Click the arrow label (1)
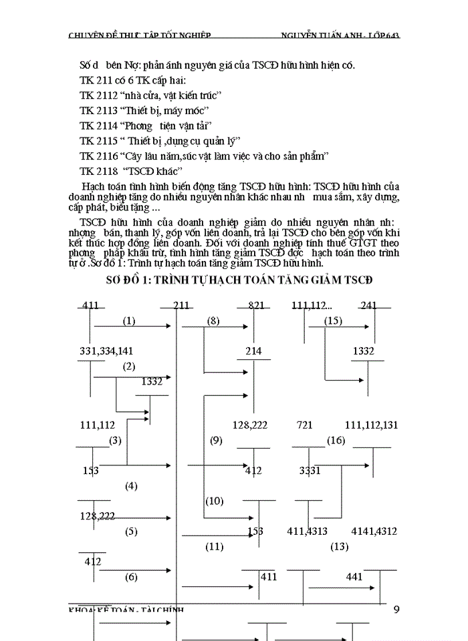(x=129, y=321)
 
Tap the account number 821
(x=256, y=306)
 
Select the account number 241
(x=368, y=306)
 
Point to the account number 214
(x=253, y=351)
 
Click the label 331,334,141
(x=107, y=351)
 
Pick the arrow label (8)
(x=213, y=321)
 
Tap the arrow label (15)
(x=333, y=321)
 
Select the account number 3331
(x=310, y=471)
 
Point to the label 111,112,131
(x=372, y=425)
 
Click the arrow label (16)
(x=336, y=440)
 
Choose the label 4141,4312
(x=374, y=531)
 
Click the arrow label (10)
(x=215, y=501)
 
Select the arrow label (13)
(x=340, y=547)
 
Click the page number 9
(x=397, y=608)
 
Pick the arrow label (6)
(x=131, y=576)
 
